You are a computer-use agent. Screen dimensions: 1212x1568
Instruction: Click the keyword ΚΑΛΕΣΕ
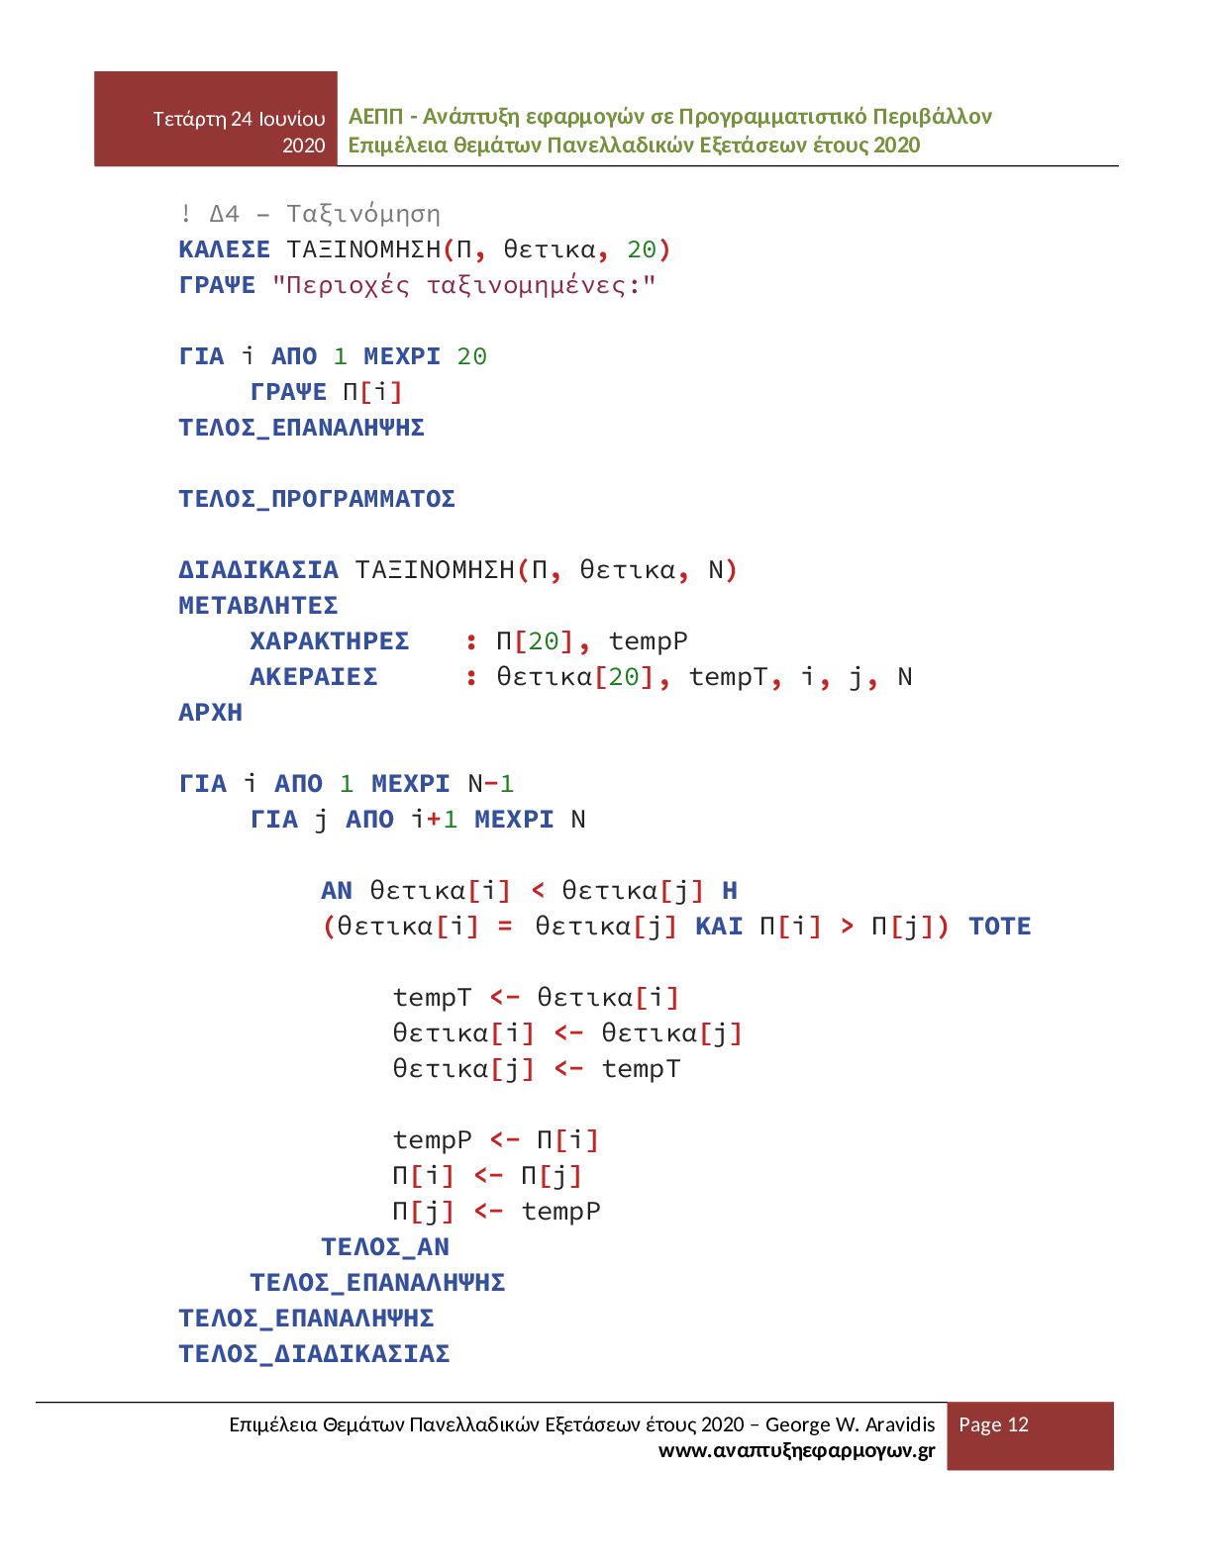click(x=224, y=249)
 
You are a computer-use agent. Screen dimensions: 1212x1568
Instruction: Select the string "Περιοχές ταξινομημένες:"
click(x=463, y=286)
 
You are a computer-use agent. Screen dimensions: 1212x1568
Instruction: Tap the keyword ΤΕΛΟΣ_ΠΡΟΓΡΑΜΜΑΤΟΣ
click(x=317, y=499)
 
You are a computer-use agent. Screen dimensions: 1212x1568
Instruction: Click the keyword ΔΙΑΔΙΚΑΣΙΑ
click(x=258, y=570)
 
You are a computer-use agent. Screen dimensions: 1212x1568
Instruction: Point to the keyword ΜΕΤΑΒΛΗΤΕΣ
click(x=258, y=606)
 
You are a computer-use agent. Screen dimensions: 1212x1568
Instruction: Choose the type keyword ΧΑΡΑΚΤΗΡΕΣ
click(x=329, y=641)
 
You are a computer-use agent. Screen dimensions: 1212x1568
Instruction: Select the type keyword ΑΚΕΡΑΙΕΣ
click(x=313, y=677)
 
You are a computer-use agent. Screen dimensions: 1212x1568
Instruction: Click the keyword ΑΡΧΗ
click(x=210, y=713)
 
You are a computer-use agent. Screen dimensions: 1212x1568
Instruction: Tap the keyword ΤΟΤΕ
click(x=999, y=927)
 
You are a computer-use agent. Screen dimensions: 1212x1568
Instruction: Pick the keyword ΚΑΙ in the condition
click(x=719, y=927)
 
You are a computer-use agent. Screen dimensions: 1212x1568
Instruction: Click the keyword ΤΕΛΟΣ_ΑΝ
click(x=385, y=1247)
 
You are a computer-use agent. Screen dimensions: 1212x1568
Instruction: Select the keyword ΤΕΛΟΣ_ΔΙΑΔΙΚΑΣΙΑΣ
click(x=314, y=1354)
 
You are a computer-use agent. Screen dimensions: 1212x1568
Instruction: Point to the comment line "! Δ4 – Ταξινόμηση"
click(x=310, y=214)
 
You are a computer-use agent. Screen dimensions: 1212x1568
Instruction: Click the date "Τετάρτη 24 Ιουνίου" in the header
click(x=239, y=119)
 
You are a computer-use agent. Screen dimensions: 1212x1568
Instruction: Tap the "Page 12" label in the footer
click(x=993, y=1424)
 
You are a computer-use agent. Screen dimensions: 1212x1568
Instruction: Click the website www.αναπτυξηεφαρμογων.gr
click(x=796, y=1451)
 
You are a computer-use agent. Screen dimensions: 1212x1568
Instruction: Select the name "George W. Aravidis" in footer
click(x=850, y=1424)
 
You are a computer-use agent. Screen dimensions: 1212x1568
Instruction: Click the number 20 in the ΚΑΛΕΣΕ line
click(x=641, y=249)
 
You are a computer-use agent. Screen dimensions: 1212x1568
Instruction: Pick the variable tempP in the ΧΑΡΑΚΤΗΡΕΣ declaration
click(x=648, y=641)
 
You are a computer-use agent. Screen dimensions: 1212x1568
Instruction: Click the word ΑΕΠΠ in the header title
click(x=375, y=117)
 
